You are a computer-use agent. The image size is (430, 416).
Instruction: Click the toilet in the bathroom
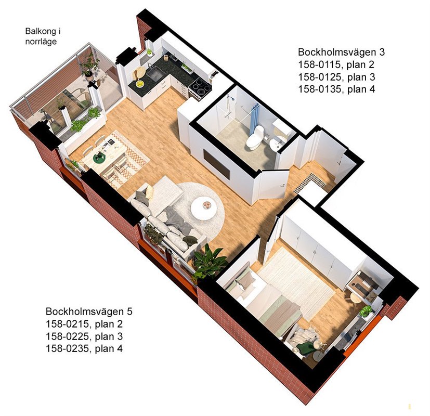point(254,137)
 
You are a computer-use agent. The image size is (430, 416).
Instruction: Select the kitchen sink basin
point(155,72)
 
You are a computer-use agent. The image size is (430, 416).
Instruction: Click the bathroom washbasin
point(276,143)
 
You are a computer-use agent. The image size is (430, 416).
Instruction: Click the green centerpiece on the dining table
point(99,157)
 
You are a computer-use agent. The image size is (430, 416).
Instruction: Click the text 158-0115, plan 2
point(336,64)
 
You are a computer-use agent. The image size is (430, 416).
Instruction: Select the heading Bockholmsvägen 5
point(89,311)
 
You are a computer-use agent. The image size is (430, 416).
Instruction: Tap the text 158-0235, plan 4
point(84,348)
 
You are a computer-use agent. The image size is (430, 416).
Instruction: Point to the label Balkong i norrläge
point(43,36)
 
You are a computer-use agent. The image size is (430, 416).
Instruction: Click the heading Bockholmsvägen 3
point(342,52)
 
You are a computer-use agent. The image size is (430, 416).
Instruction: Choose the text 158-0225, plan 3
point(84,336)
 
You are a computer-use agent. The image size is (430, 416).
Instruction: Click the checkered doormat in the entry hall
point(310,181)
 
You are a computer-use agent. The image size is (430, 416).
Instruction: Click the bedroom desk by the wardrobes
point(361,283)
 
